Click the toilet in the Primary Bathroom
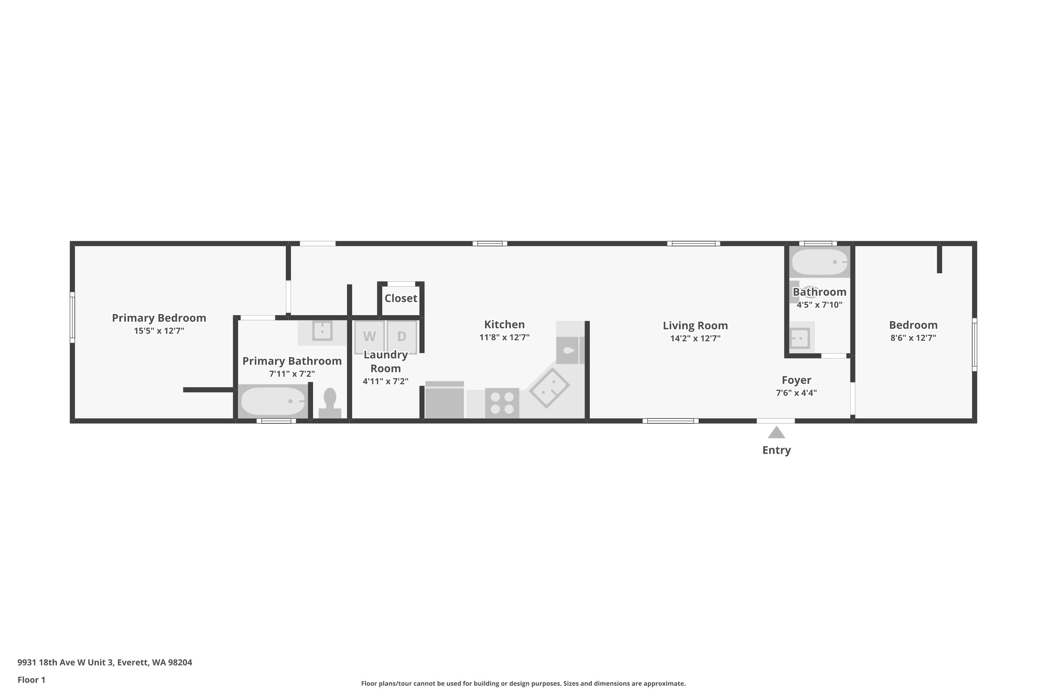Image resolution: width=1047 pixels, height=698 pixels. pos(330,403)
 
